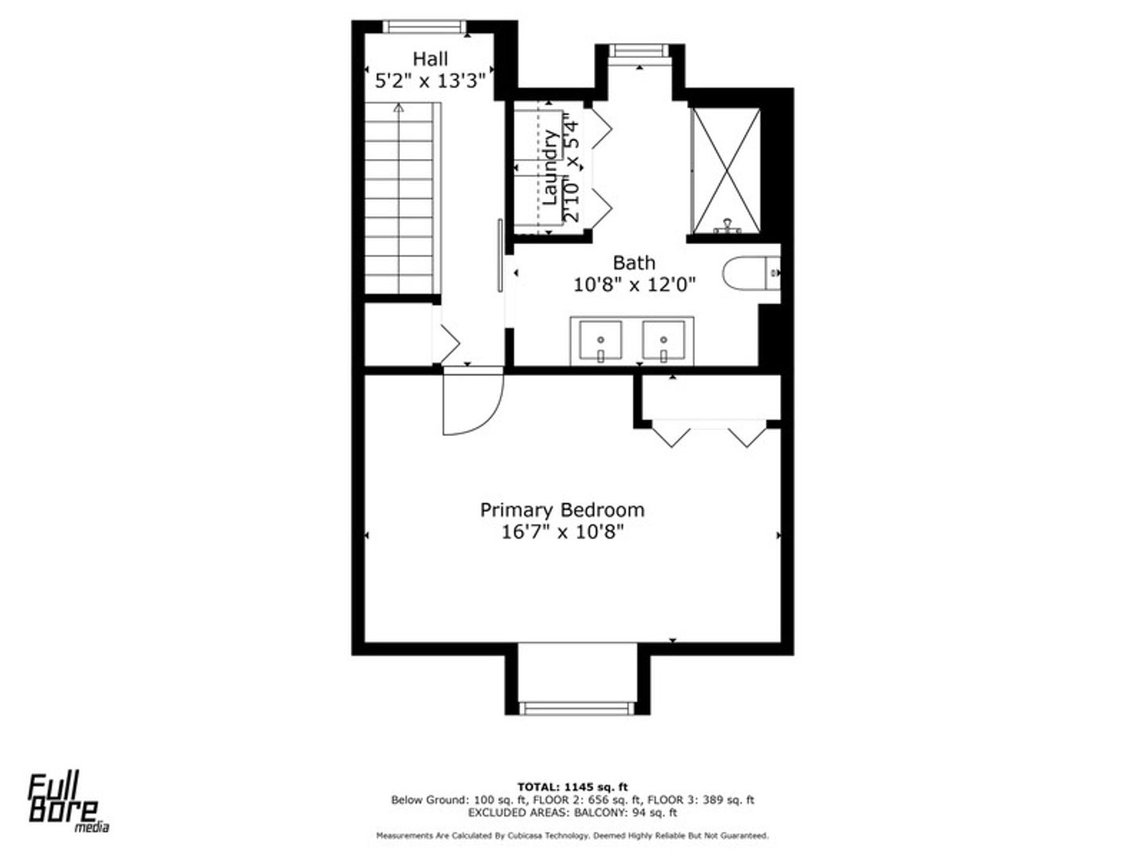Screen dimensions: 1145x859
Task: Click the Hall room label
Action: coord(430,59)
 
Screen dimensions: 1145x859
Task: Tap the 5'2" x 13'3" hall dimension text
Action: coord(430,81)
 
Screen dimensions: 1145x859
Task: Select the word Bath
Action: coord(634,262)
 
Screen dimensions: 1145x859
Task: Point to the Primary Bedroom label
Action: coord(562,510)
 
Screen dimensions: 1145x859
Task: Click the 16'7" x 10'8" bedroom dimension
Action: coord(562,533)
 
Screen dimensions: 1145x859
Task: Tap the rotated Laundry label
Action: coord(549,168)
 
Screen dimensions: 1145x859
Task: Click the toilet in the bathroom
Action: coord(751,273)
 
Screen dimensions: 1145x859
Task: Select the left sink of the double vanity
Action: coord(600,341)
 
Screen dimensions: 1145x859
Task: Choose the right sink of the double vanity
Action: coord(663,341)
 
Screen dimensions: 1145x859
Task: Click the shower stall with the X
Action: coord(725,171)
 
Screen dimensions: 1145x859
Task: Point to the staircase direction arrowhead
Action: coord(398,107)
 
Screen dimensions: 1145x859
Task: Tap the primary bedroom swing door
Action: coord(472,402)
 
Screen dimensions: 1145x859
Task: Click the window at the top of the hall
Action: coord(425,26)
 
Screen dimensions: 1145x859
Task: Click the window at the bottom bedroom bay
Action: coord(577,708)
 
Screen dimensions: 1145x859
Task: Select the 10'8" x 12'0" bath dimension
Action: coord(635,286)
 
